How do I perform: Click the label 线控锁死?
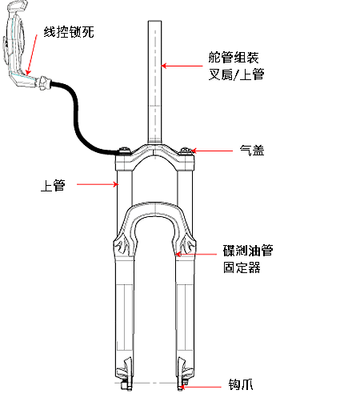(x=69, y=32)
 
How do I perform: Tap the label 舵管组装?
(x=234, y=57)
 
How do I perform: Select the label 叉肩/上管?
(x=236, y=74)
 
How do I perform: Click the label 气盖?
(x=252, y=151)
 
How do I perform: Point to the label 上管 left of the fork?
(x=53, y=185)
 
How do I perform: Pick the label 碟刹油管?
(x=248, y=251)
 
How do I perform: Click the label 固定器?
(x=242, y=267)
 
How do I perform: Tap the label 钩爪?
(x=241, y=384)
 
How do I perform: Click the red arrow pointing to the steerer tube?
(x=182, y=66)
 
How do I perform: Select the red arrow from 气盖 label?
(x=212, y=151)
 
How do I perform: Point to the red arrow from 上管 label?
(x=98, y=184)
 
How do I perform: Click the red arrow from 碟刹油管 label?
(x=197, y=254)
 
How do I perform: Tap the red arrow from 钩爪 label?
(x=201, y=386)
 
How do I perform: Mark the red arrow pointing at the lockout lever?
(x=32, y=54)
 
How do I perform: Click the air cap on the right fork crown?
(x=186, y=151)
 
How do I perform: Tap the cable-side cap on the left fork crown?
(x=124, y=151)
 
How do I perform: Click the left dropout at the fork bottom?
(x=126, y=374)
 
